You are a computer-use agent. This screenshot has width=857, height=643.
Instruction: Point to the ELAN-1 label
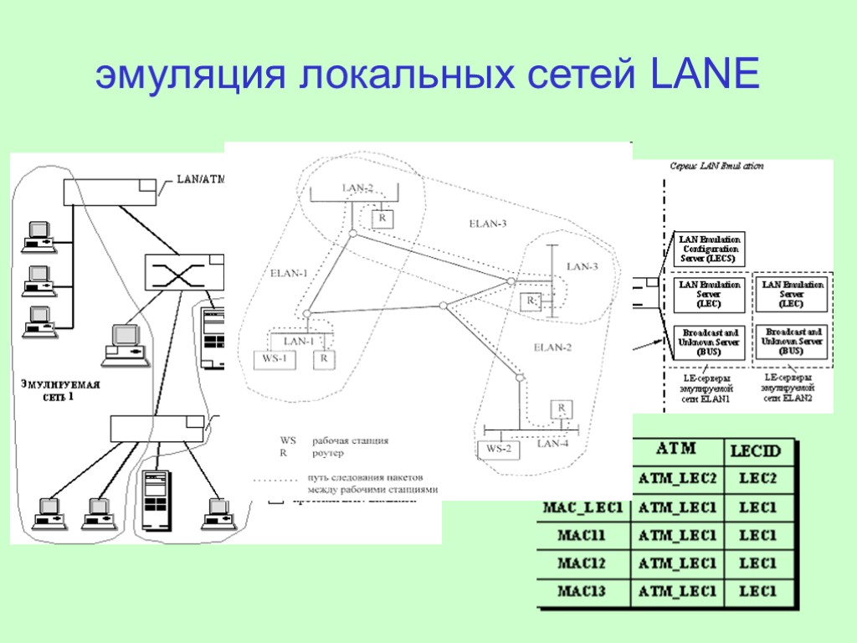coord(289,273)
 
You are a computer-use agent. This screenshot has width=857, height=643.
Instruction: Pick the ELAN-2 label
coord(552,347)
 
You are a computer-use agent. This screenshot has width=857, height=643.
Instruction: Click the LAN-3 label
coord(582,267)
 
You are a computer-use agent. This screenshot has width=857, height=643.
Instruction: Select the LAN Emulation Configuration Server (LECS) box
coord(709,249)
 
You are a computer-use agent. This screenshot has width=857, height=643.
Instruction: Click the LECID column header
coord(756,451)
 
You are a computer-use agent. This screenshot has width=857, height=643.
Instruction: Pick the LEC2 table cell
coord(757,478)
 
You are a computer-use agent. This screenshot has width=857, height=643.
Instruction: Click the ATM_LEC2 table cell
coord(677,478)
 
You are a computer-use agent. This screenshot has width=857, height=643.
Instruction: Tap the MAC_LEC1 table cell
coord(583,507)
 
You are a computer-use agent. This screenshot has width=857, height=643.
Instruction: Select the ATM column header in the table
coord(676,450)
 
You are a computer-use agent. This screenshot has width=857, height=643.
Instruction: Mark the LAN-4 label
coord(552,444)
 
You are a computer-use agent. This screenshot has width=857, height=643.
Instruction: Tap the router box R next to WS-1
coord(322,360)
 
